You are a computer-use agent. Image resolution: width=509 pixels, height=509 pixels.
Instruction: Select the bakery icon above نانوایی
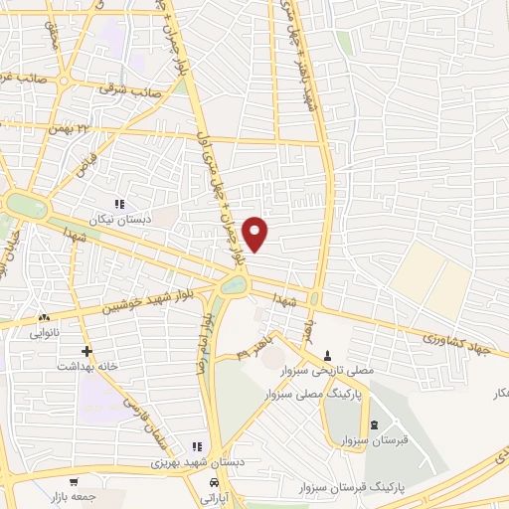(43, 318)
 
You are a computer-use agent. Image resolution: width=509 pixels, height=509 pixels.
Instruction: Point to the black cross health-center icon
(86, 351)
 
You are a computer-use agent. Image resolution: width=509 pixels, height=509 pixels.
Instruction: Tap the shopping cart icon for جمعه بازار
(74, 481)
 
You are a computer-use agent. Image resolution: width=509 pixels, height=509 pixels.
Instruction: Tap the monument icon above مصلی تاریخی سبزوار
(328, 355)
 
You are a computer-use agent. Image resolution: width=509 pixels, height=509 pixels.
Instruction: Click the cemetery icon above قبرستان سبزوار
(374, 425)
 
